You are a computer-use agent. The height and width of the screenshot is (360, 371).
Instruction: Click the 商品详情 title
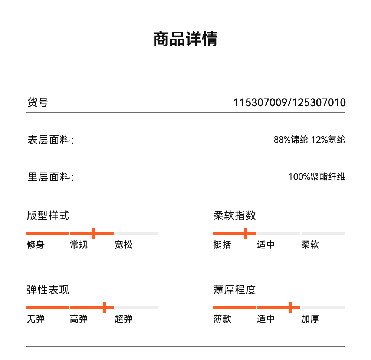185,39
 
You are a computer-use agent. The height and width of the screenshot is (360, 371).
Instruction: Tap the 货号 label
37,102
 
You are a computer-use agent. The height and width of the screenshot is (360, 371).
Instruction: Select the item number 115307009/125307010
289,102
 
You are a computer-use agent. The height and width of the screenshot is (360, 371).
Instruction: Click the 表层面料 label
50,140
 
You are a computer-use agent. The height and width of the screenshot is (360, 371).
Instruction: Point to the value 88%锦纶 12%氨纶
309,140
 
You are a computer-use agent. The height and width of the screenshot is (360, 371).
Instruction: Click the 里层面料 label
50,177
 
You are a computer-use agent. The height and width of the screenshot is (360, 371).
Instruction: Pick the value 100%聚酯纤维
317,177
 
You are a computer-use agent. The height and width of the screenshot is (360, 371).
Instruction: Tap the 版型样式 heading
48,215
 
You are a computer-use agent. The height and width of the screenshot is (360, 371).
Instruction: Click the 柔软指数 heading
234,215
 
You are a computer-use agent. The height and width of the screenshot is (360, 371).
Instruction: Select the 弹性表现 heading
48,289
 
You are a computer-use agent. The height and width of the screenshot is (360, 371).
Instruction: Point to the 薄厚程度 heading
234,289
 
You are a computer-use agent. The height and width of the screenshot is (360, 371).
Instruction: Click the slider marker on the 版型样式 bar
93,233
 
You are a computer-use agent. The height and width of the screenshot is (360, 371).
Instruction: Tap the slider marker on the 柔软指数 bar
246,233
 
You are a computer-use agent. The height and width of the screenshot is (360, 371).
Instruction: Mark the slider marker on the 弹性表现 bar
104,307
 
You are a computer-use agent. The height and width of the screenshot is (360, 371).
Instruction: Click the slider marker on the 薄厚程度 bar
291,307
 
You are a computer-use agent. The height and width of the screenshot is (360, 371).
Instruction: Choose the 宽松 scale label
124,245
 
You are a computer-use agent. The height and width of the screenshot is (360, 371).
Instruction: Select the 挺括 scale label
222,245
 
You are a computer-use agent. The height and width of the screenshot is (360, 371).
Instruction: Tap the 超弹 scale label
124,319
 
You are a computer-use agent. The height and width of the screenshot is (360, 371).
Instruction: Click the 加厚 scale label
310,319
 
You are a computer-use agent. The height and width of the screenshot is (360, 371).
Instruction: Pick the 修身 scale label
35,245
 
